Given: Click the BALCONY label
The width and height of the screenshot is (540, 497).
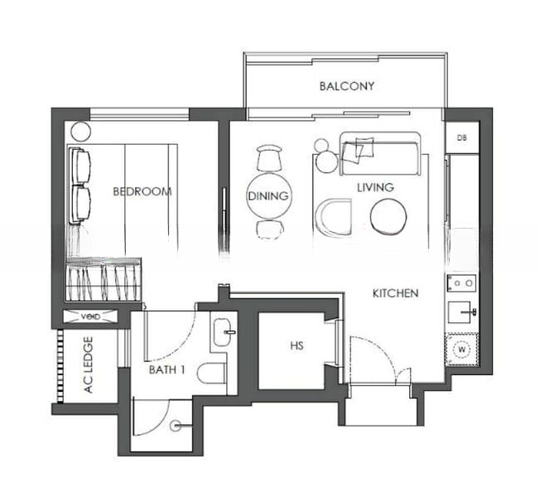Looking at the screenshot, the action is (347, 86).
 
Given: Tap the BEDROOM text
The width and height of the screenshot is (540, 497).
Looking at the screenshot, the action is (142, 191).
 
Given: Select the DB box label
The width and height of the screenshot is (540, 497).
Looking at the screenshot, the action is (462, 138).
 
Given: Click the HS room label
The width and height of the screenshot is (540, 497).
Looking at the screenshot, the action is (297, 345).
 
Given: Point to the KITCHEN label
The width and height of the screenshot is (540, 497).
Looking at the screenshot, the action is (396, 293).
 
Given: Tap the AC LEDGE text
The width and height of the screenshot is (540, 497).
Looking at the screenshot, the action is (89, 364).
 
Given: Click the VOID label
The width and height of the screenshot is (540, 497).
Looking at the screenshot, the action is (91, 316).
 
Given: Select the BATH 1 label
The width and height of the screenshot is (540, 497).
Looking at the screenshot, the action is (166, 370).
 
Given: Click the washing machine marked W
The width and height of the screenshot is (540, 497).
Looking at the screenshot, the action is (462, 350).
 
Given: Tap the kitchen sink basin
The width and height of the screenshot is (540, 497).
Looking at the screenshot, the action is (460, 312).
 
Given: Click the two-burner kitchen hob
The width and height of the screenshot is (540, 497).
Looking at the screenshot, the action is (462, 283).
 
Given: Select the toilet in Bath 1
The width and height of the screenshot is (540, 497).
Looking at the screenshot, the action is (211, 373).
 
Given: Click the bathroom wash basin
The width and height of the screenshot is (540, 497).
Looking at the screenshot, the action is (221, 332).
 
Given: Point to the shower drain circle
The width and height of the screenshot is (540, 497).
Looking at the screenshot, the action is (175, 426).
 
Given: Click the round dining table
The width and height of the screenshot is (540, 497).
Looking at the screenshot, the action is (269, 196).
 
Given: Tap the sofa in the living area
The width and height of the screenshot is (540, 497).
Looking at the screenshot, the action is (380, 153).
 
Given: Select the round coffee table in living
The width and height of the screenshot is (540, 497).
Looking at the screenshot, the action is (388, 217).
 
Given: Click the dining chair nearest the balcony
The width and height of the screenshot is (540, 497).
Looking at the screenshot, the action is (269, 158).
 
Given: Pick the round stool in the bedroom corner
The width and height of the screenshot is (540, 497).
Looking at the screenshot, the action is (81, 131).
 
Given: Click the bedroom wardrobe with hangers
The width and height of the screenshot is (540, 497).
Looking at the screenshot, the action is (104, 279).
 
